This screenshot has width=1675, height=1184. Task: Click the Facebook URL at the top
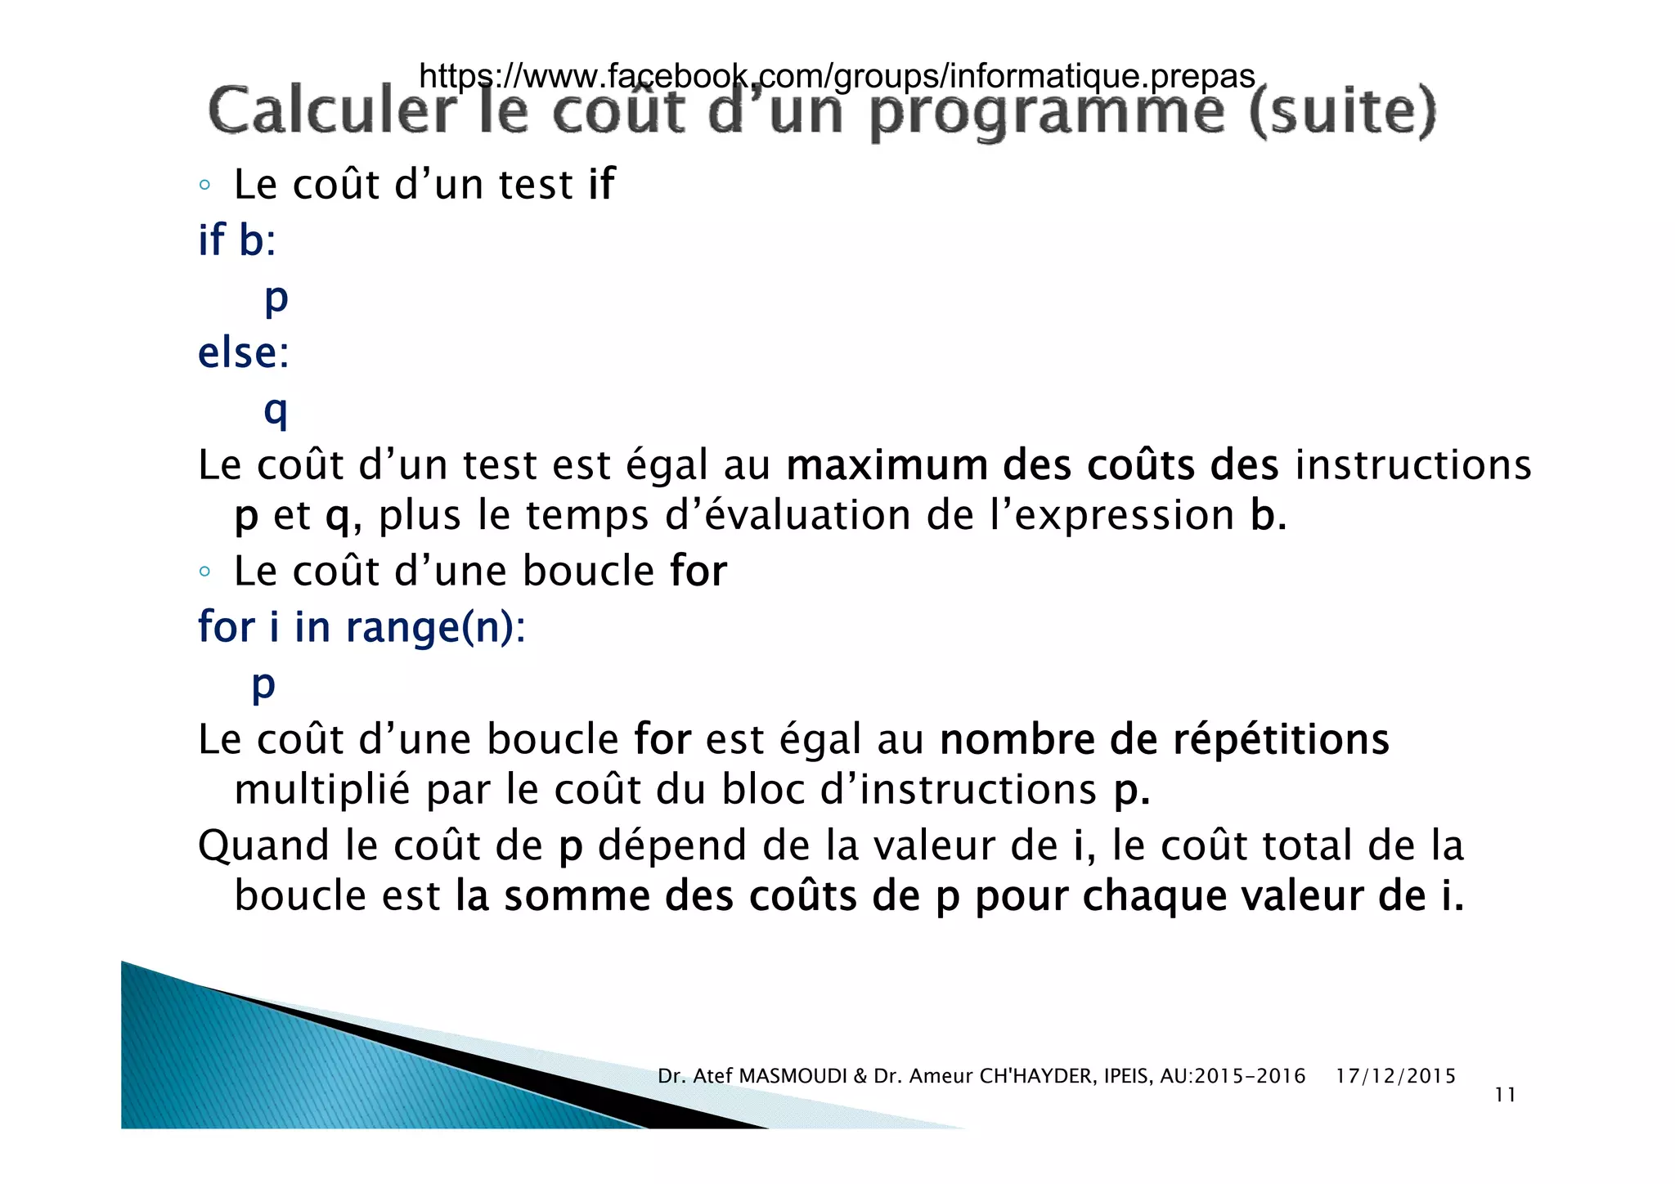836,76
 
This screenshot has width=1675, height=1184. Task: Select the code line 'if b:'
237,241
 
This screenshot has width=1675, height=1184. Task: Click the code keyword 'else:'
244,353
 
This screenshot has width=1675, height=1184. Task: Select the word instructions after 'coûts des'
1412,465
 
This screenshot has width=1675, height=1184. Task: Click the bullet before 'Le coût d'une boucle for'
205,572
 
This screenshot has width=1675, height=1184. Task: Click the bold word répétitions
1281,739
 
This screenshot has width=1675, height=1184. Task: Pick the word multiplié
322,790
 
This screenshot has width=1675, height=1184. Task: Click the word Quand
263,845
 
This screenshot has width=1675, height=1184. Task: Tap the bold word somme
577,896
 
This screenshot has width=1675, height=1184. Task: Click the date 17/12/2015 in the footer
1395,1076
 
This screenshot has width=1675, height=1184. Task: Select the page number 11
1505,1096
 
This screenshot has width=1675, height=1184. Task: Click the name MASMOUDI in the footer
793,1076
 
